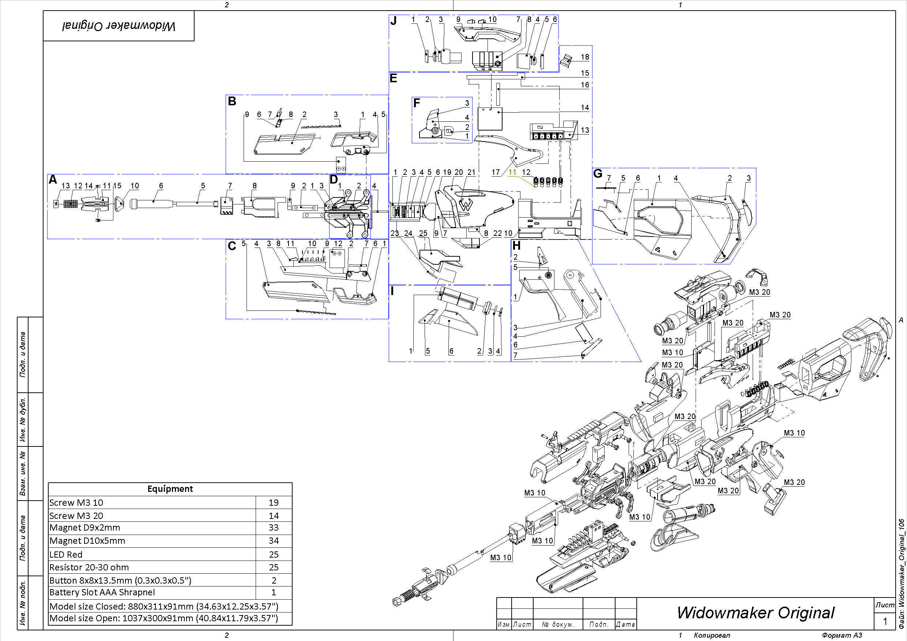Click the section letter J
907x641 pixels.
coord(394,20)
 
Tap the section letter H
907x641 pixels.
coord(516,246)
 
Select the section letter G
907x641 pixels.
coord(598,174)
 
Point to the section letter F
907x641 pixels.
coord(416,103)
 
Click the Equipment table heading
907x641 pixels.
coord(170,489)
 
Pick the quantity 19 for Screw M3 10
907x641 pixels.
coord(273,502)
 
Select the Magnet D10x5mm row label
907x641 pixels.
coord(87,541)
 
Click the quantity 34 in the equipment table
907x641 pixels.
coord(273,541)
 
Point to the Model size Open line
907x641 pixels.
coord(163,618)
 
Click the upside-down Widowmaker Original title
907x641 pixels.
coord(118,26)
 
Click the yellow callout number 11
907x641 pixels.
coord(512,172)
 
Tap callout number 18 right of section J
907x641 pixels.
coord(585,57)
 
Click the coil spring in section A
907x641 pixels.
coord(71,204)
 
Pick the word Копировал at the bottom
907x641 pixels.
coord(712,635)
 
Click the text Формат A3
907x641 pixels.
coord(842,635)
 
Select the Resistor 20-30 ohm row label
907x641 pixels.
coord(89,567)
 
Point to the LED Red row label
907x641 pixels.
coord(66,554)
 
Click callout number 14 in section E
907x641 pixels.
coord(585,108)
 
